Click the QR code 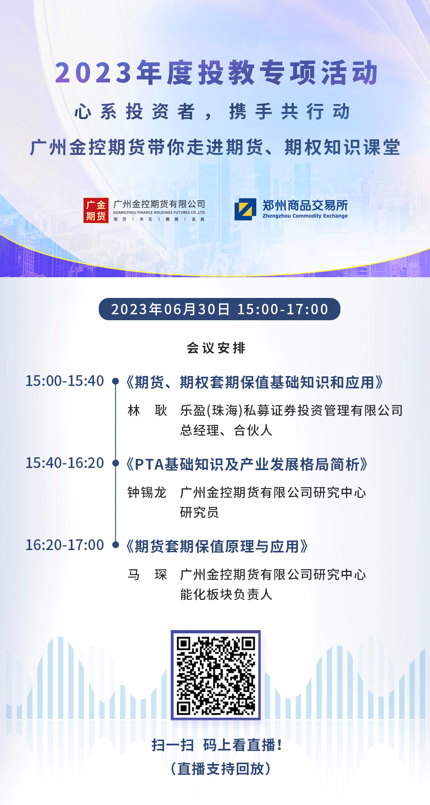coord(216,675)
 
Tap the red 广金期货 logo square coord(96,211)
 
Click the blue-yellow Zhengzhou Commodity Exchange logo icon coord(245,210)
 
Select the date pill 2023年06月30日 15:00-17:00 coord(219,309)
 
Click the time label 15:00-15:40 coord(65,381)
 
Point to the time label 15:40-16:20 coord(65,463)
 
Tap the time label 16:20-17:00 coord(65,545)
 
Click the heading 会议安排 coord(216,348)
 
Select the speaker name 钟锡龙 coord(147,493)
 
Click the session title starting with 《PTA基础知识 coord(247,464)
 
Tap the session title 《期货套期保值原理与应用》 coord(217,546)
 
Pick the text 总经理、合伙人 coord(226,431)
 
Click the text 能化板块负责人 coord(226,595)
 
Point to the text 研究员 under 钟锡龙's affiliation coord(199,513)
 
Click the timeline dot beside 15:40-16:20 coord(115,463)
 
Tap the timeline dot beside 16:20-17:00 coord(115,545)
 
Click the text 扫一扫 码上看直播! coord(217,745)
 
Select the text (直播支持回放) coord(221,769)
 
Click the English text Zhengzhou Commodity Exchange coord(305,216)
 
